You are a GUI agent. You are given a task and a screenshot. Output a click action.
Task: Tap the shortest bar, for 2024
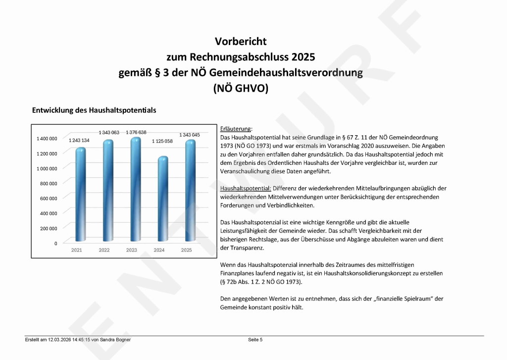click(x=159, y=198)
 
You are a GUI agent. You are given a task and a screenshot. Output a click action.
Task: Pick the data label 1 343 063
click(x=109, y=133)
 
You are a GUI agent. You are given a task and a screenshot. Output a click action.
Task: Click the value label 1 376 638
click(x=136, y=132)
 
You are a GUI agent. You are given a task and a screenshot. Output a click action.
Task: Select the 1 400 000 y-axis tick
click(x=47, y=139)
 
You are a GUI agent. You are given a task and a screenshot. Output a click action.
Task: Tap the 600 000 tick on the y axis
click(x=49, y=199)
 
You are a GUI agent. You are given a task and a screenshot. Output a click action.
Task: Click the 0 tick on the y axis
click(x=55, y=244)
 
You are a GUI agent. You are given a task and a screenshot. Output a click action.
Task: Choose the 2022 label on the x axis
click(x=104, y=250)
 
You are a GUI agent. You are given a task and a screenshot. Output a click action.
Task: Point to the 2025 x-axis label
click(x=186, y=250)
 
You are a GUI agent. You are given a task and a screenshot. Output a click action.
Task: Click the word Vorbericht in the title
click(x=241, y=41)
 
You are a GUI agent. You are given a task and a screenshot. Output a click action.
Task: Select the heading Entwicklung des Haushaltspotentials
click(x=94, y=110)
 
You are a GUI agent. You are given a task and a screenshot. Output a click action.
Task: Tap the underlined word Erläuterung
click(x=236, y=129)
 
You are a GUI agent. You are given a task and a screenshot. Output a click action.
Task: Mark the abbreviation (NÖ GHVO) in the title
click(x=241, y=89)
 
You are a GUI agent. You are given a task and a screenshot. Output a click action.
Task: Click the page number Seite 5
click(x=255, y=340)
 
